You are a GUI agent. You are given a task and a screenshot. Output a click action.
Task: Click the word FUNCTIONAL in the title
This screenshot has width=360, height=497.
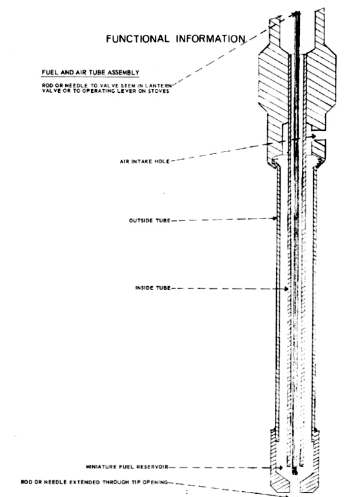pos(137,39)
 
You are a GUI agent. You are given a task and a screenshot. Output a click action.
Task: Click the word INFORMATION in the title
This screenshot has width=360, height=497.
pos(210,39)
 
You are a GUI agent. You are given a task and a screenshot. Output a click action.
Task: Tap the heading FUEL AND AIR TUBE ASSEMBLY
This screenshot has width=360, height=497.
pos(90,73)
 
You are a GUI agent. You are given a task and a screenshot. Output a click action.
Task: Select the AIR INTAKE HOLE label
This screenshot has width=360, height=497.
pos(145,161)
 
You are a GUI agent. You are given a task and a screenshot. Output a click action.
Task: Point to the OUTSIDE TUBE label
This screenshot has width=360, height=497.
pos(150,220)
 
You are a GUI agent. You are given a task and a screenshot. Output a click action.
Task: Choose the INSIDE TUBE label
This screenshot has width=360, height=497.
pos(153,288)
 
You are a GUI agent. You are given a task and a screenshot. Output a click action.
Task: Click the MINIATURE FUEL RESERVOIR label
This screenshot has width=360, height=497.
pos(127,467)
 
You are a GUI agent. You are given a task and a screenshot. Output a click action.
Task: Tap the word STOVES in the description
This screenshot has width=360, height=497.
pos(159,91)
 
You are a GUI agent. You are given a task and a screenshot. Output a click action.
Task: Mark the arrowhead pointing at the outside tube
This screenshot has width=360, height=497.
pos(275,218)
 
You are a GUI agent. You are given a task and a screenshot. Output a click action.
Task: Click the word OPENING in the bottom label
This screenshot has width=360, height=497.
pos(155,482)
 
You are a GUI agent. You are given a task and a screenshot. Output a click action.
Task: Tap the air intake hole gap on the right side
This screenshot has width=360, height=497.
pos(317,136)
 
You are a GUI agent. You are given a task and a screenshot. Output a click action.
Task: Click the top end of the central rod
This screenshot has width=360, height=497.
pos(297,13)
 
